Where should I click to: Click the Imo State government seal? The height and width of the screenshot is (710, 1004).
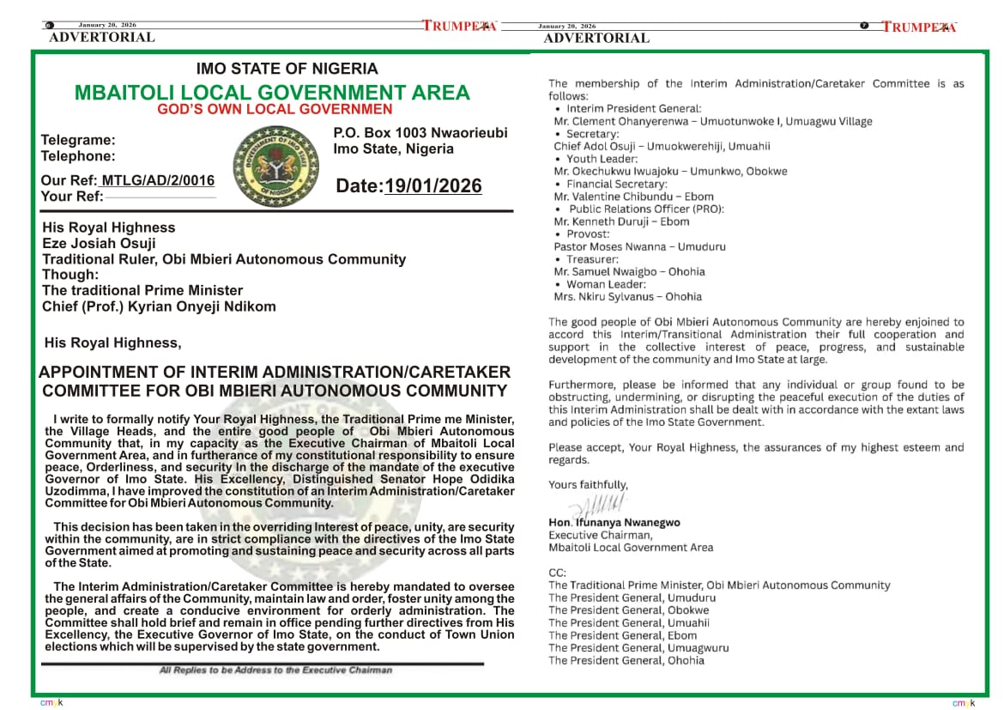pos(275,166)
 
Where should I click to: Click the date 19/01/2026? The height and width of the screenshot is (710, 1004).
pos(433,186)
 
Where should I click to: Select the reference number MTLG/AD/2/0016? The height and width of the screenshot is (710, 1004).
pos(158,180)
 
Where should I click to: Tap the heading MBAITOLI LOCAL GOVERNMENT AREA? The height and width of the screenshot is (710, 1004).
pos(272,93)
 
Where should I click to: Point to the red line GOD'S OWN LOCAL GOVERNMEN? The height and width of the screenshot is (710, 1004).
pos(275,110)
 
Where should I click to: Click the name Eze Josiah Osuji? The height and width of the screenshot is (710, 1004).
pos(99,243)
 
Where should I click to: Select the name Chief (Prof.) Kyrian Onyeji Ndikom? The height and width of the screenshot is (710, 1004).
pos(159,306)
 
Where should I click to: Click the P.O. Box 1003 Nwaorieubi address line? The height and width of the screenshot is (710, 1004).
pos(420,133)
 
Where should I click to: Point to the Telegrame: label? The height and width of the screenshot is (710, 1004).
pos(78,140)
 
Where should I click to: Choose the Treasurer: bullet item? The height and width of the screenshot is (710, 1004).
pos(592,259)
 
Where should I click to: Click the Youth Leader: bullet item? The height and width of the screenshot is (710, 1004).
pos(602,159)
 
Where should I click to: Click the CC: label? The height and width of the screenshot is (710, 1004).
pos(557,573)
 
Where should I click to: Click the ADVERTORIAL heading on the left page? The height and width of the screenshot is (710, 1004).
pos(102,37)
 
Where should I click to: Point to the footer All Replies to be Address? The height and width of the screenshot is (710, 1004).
pos(275,670)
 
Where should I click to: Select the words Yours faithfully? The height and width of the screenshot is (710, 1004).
pos(588,485)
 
